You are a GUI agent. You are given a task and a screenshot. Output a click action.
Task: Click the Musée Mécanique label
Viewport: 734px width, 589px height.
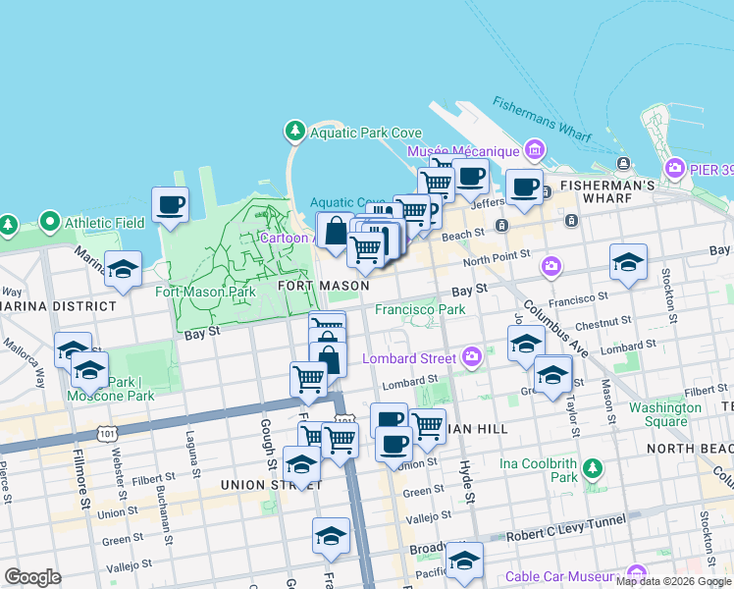coord(461,151)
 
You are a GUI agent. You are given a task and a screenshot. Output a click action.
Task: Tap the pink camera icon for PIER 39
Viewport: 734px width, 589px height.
coord(675,168)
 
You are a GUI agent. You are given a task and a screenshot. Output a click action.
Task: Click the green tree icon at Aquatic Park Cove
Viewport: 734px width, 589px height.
coord(294,132)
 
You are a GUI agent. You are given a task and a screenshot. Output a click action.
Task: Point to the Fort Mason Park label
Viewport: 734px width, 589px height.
coord(205,292)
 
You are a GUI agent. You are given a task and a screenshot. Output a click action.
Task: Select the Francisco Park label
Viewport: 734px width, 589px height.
coord(420,309)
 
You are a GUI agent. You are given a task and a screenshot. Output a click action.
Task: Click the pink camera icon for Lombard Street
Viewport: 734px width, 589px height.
coord(472,357)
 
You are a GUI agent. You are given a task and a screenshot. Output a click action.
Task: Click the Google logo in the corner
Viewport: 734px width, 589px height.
coord(32,577)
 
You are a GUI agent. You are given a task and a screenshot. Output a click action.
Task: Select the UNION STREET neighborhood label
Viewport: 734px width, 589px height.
coord(257,484)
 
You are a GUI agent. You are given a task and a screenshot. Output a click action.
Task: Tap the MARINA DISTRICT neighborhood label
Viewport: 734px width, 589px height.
coord(57,305)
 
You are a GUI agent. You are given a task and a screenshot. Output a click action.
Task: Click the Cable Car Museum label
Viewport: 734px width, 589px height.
coord(563,576)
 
